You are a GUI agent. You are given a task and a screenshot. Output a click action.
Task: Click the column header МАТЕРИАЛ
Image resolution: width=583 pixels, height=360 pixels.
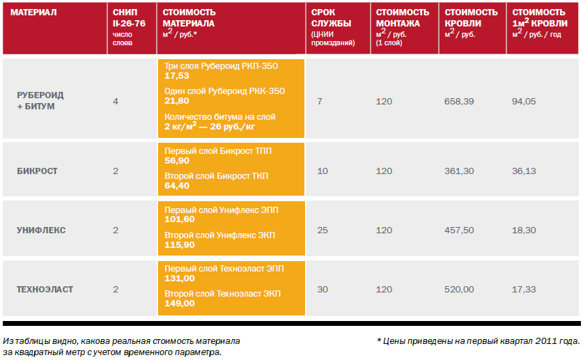point(33,13)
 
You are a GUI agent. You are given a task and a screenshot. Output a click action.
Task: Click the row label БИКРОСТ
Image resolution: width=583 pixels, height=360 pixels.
point(37,171)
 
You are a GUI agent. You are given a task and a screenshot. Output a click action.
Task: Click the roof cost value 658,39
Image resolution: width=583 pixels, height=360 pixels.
point(458,102)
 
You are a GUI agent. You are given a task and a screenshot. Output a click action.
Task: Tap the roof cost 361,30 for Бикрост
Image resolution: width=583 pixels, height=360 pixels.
point(458,171)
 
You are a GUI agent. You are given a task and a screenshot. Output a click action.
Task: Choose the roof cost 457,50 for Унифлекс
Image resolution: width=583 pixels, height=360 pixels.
point(458,230)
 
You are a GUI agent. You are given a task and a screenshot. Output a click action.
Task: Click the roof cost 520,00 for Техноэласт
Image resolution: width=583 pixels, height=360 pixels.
point(458,289)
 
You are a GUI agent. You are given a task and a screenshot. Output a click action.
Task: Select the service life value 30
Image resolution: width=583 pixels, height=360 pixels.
point(322,289)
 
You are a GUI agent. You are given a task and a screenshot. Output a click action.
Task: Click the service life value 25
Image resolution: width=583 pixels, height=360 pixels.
point(322,230)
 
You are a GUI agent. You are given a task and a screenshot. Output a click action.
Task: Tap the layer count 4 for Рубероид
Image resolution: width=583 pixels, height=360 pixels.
point(116,102)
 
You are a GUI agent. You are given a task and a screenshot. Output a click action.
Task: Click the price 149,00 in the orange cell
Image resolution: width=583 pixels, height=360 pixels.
point(179,304)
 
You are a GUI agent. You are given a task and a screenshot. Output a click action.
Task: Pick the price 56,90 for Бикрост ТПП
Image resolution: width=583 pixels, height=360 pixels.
point(177,160)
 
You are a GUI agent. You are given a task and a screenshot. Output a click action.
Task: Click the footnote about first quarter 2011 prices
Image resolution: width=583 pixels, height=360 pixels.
point(478,341)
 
